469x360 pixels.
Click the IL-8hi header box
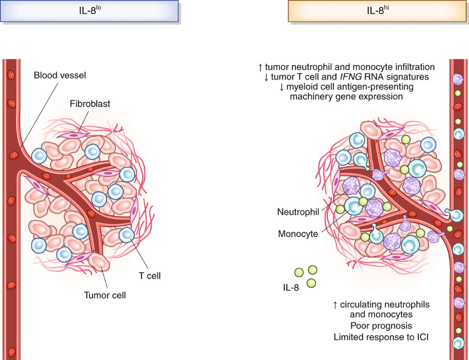[x=378, y=10]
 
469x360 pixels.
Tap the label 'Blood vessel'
[x=60, y=76]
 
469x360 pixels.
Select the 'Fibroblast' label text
[x=90, y=104]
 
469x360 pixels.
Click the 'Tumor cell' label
[x=105, y=296]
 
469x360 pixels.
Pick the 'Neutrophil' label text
[x=298, y=212]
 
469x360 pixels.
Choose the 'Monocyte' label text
[x=298, y=234]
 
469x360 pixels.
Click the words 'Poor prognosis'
[x=381, y=326]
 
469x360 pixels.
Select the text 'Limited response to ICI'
[x=381, y=337]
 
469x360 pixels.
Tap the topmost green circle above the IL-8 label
[x=313, y=270]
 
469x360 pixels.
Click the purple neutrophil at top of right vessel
[x=459, y=79]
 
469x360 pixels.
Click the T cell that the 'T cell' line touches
[x=126, y=234]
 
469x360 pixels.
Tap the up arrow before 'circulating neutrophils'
[x=335, y=305]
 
